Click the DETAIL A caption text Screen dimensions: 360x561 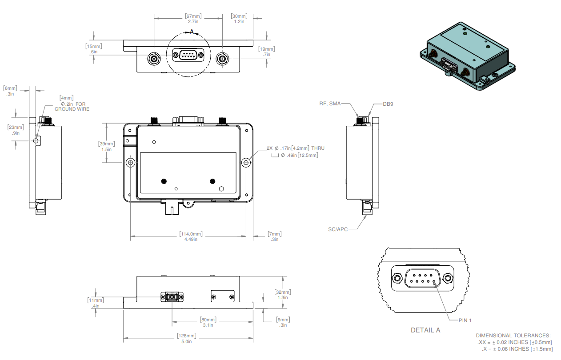(425, 330)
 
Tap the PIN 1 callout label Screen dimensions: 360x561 (465, 320)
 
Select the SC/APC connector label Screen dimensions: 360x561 (337, 229)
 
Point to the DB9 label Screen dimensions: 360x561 (388, 104)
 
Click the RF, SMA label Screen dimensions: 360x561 (330, 104)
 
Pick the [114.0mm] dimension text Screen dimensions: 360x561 (191, 234)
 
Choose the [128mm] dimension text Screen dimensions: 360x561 (186, 336)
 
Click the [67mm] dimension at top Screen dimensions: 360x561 (193, 16)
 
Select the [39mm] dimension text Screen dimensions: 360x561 (107, 144)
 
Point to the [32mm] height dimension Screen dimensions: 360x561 (283, 292)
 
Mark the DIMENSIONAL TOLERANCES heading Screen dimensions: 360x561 (513, 336)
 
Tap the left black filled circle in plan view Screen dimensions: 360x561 (164, 181)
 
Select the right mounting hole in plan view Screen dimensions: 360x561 (246, 163)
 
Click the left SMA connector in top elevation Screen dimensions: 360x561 (154, 58)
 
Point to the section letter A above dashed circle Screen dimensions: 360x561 (192, 32)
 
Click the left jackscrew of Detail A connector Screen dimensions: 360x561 (396, 279)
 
